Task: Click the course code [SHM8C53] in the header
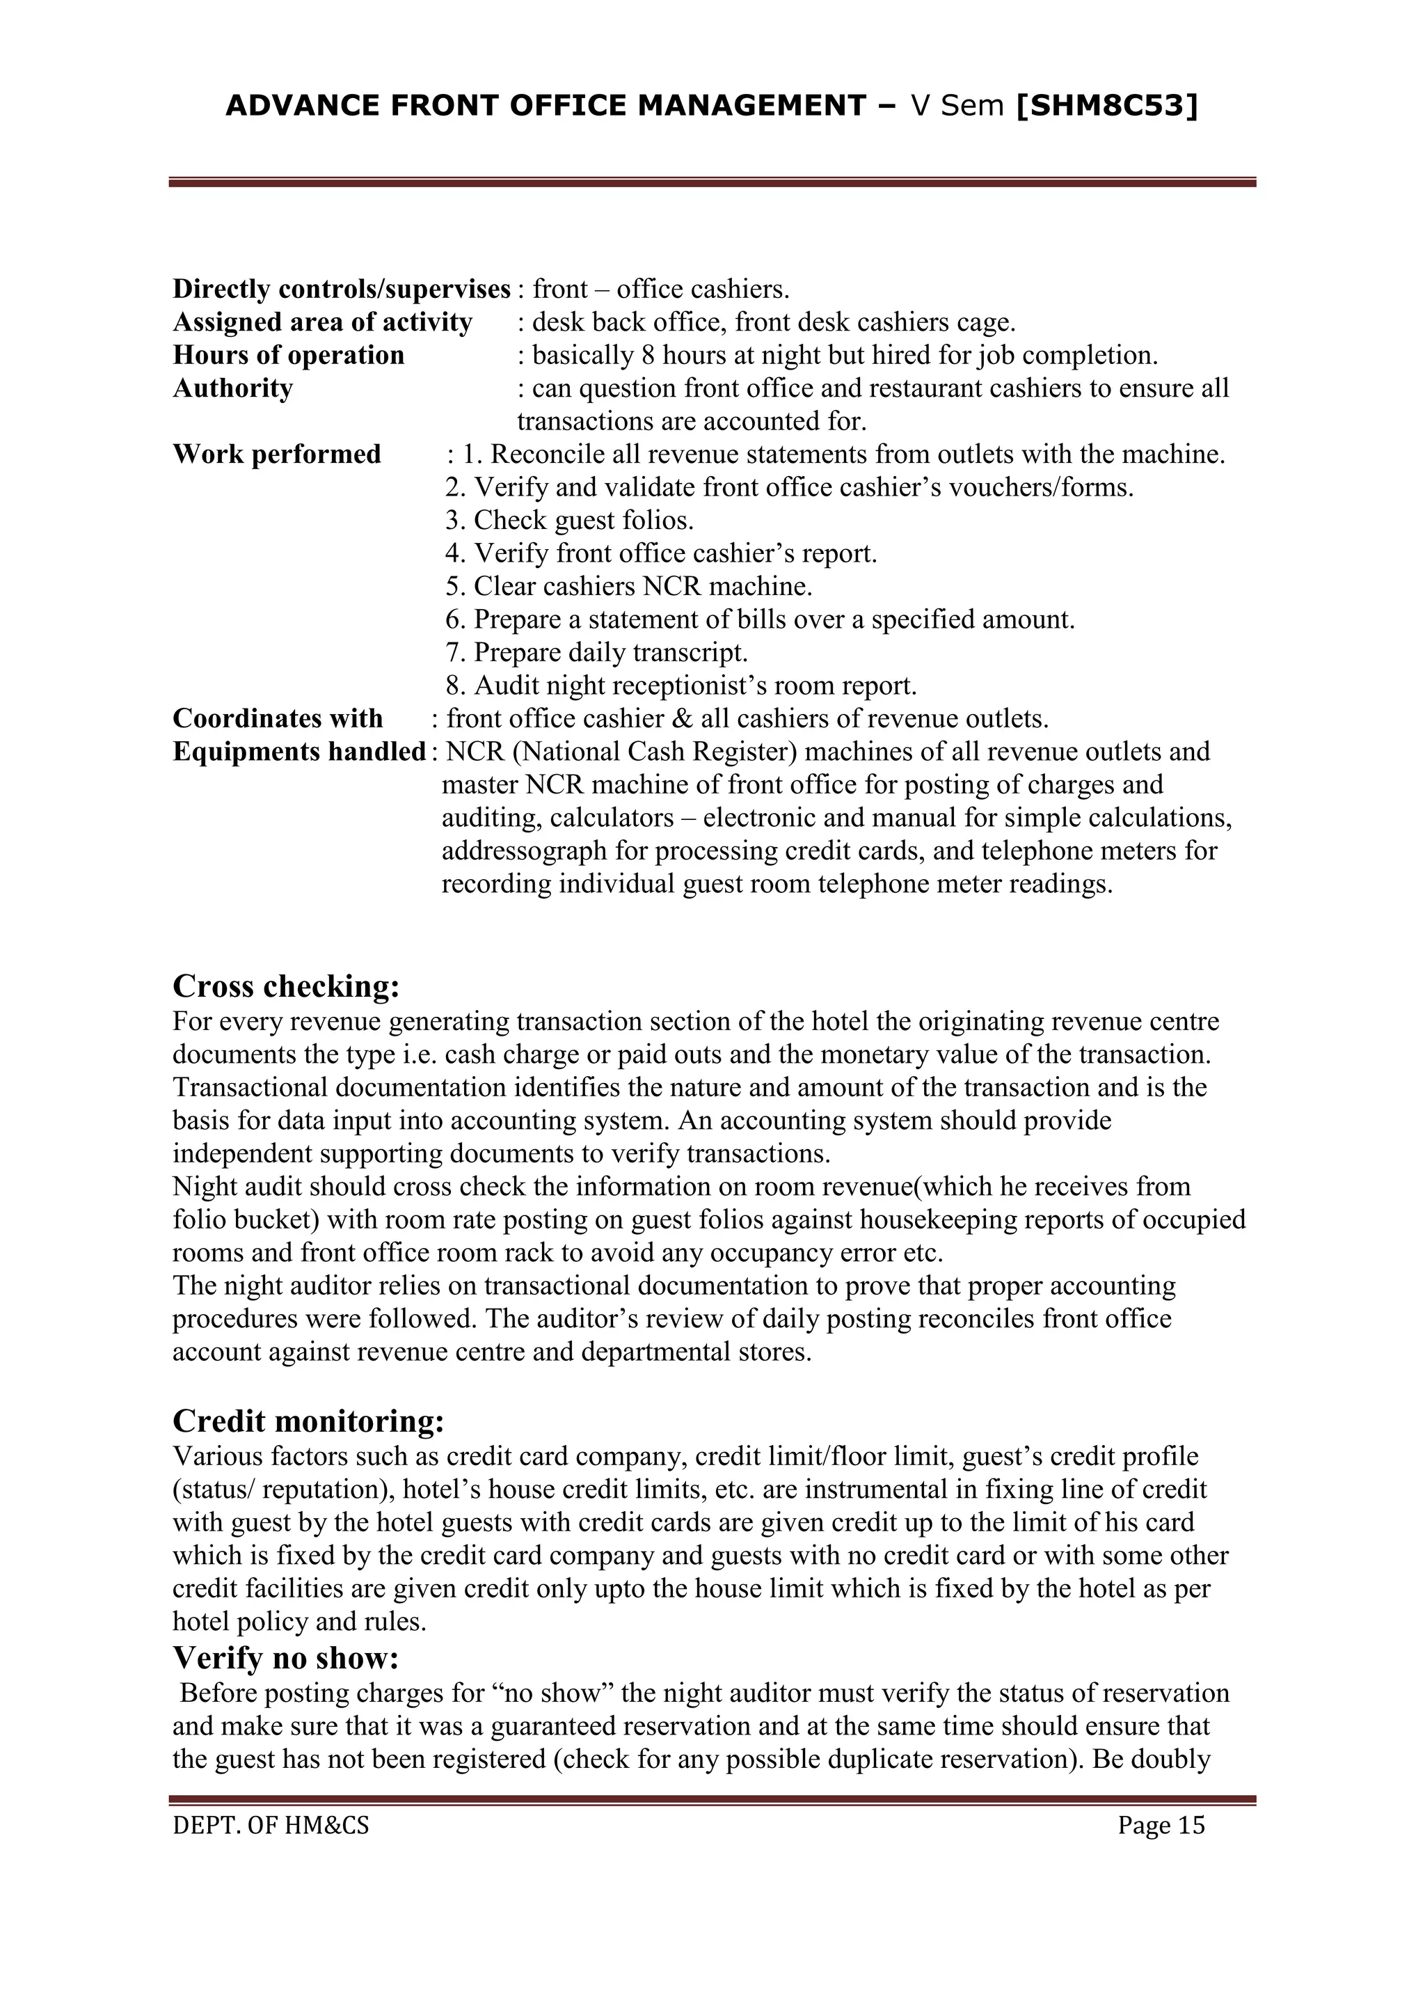(x=1106, y=106)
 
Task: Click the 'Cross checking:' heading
(x=286, y=986)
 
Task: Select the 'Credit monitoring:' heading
(x=308, y=1421)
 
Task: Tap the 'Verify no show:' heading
(x=286, y=1658)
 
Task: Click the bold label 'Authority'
(x=232, y=388)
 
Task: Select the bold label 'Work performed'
(x=276, y=455)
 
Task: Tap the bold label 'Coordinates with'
(x=278, y=719)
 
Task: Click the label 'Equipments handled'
(x=299, y=752)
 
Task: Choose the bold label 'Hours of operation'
(x=288, y=356)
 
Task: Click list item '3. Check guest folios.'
(x=568, y=521)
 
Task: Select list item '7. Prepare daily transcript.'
(x=597, y=653)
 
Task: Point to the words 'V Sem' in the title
(x=957, y=106)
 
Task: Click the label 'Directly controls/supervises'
(x=342, y=289)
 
